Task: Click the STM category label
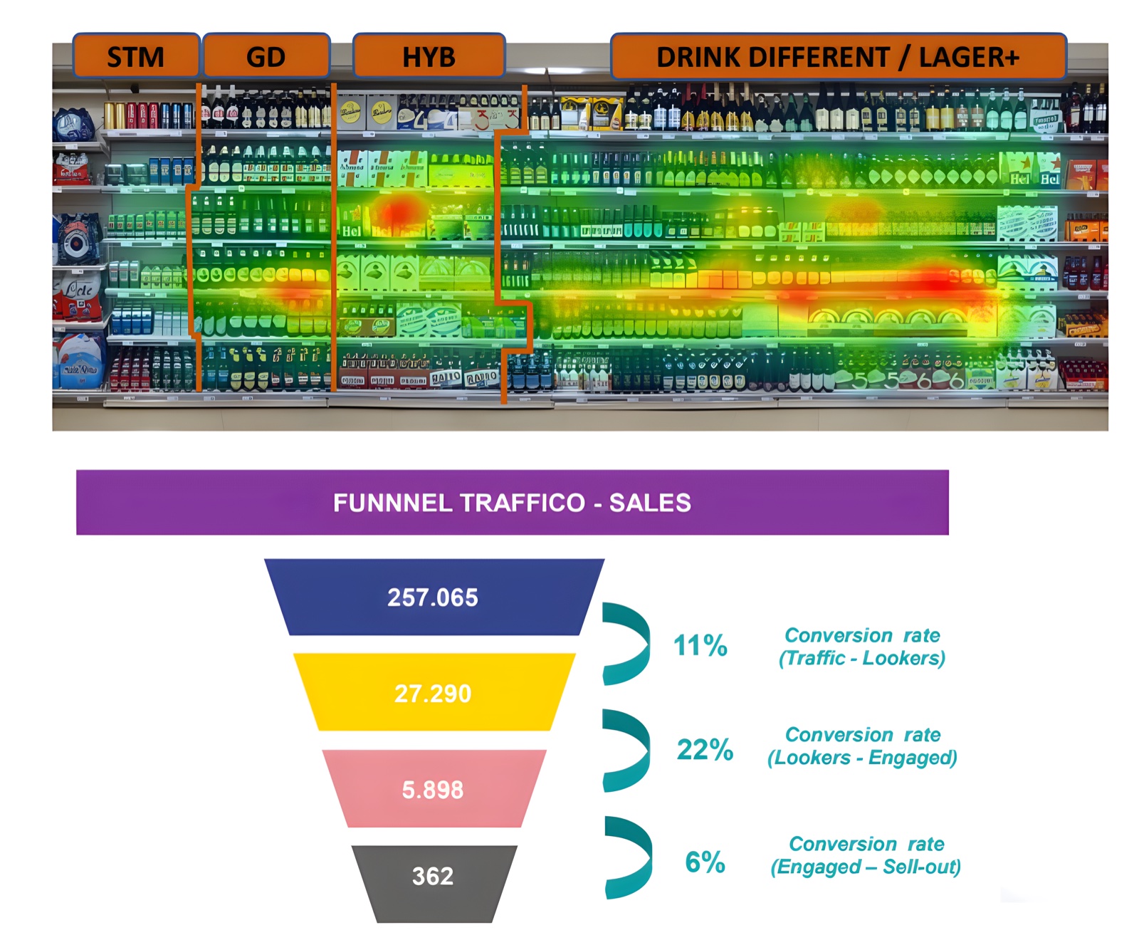136,56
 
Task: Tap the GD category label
266,56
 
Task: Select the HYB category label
429,56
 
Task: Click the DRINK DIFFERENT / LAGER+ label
838,56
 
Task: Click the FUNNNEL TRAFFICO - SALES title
512,503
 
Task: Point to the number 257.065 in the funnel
433,597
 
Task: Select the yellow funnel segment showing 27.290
434,693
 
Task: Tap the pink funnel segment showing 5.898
433,789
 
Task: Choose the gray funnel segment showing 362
433,876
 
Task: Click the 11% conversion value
700,646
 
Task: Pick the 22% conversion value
705,750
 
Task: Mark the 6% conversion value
705,862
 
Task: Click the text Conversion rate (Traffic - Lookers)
862,647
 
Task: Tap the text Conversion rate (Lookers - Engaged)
862,746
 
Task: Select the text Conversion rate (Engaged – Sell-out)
866,855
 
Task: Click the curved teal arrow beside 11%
629,644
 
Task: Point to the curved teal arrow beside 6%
631,857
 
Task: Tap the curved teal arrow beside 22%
629,750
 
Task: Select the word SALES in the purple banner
650,503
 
